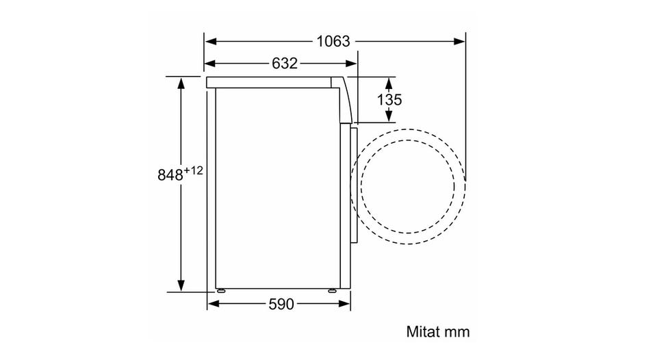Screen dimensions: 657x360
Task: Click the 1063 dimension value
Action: click(x=333, y=41)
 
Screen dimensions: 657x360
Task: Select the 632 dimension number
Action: click(x=285, y=63)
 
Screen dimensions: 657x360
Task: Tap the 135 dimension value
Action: click(x=389, y=100)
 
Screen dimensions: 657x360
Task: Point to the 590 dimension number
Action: click(x=281, y=304)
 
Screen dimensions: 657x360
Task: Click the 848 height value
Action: click(x=170, y=175)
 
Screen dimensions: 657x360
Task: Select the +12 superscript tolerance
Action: click(x=193, y=170)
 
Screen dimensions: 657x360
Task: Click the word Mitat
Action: click(x=423, y=331)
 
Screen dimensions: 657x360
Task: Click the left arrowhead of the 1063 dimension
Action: click(x=210, y=41)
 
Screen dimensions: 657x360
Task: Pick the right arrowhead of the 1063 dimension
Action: click(x=459, y=41)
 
